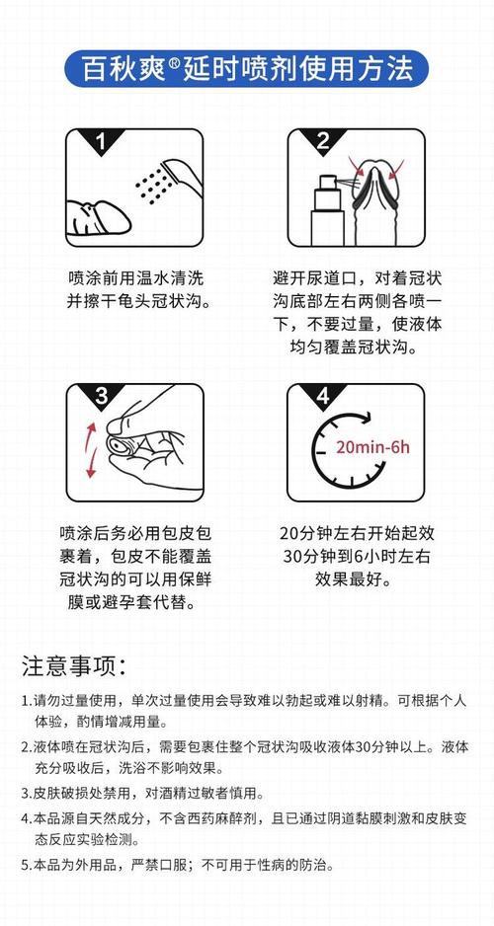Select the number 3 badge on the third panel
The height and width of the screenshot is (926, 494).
[x=99, y=397]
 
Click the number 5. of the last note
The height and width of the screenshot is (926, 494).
[x=27, y=865]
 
